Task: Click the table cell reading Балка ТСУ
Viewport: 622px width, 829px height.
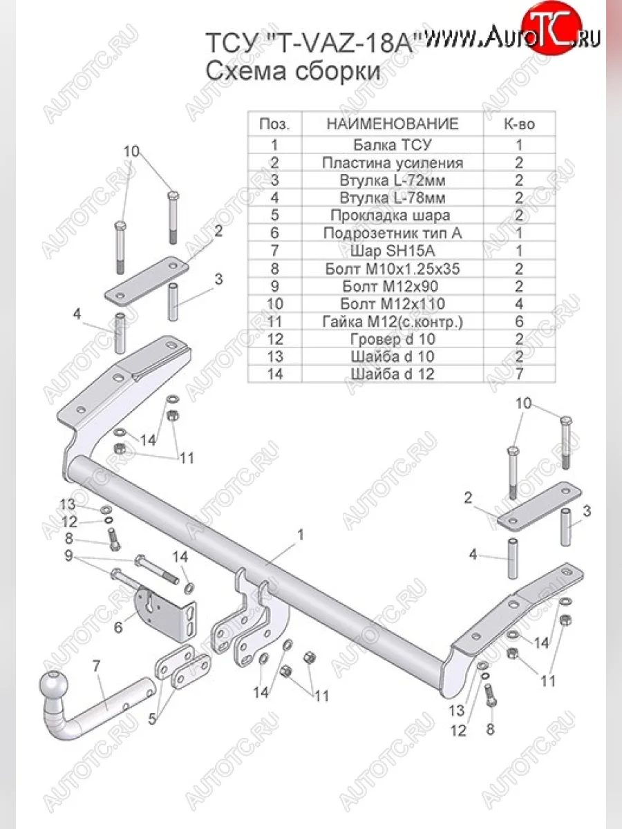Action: [x=393, y=144]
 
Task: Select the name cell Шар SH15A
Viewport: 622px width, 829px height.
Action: [x=393, y=251]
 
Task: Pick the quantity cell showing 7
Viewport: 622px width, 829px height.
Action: [x=519, y=374]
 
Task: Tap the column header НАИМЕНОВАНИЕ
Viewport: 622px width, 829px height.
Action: [x=393, y=124]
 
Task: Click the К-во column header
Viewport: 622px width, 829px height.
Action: [x=519, y=124]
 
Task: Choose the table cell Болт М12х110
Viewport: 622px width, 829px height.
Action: [x=393, y=304]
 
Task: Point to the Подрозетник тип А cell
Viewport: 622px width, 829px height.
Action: [x=393, y=233]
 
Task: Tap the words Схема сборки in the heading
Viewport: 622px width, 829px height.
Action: [x=293, y=70]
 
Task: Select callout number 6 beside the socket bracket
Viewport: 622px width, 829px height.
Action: [x=118, y=628]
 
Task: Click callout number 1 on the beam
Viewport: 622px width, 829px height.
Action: [x=300, y=535]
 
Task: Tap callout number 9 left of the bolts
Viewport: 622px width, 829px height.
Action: [x=68, y=556]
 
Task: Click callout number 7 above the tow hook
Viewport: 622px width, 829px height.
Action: [x=96, y=667]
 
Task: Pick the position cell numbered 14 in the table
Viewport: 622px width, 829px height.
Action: [x=275, y=374]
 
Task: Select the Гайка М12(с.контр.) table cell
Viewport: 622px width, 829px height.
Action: [x=393, y=321]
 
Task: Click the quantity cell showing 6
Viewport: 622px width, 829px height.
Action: [x=519, y=321]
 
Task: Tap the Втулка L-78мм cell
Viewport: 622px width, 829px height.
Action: [x=393, y=198]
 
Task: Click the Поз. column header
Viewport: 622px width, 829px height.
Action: [x=275, y=124]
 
